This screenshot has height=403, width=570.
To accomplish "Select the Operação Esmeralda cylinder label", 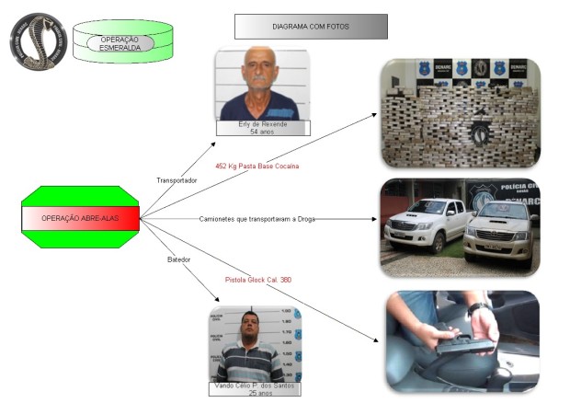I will (x=120, y=43).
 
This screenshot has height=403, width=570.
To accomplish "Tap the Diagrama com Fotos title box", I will (x=304, y=27).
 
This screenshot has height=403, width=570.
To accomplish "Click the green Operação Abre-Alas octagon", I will (x=80, y=218).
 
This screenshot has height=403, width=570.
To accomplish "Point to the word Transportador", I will (x=177, y=180).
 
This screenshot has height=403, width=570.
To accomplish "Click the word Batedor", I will (x=178, y=259).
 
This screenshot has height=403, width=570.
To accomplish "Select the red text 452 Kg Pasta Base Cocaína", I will (x=256, y=166).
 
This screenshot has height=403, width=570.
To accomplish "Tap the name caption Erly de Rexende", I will (x=261, y=123).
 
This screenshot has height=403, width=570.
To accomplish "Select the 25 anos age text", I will (x=255, y=395).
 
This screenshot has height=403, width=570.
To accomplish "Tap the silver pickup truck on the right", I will (x=498, y=230).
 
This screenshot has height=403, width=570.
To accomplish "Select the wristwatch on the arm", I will (x=474, y=305).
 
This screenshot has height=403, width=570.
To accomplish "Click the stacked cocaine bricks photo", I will (x=459, y=110).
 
